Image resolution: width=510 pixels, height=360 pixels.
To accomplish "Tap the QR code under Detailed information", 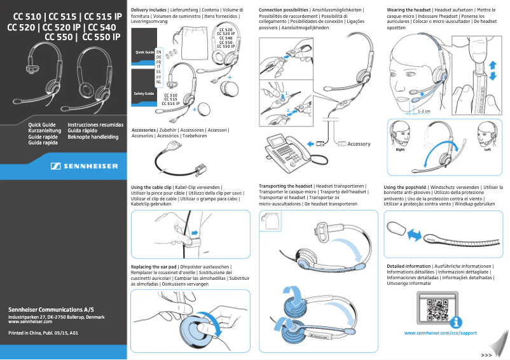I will pos(439,310).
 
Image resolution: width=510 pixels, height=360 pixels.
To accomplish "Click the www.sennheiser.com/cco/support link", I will pos(440,333).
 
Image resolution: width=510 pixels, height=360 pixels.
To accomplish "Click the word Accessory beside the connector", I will pos(359,144).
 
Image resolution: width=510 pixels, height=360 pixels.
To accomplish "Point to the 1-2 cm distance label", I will pos(424,111).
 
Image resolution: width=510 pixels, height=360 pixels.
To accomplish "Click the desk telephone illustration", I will pos(286,151).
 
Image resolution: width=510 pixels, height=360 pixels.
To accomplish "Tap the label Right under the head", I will pos(400,150).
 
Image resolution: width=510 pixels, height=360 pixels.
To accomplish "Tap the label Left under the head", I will pos(487,150).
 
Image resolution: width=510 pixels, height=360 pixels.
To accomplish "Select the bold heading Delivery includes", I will pos(149,11).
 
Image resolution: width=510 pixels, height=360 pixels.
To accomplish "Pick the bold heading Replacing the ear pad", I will pos(154,265).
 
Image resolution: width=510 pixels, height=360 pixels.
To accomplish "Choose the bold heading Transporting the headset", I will pos(282,186).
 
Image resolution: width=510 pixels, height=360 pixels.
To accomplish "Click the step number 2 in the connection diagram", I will pos(287,109).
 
